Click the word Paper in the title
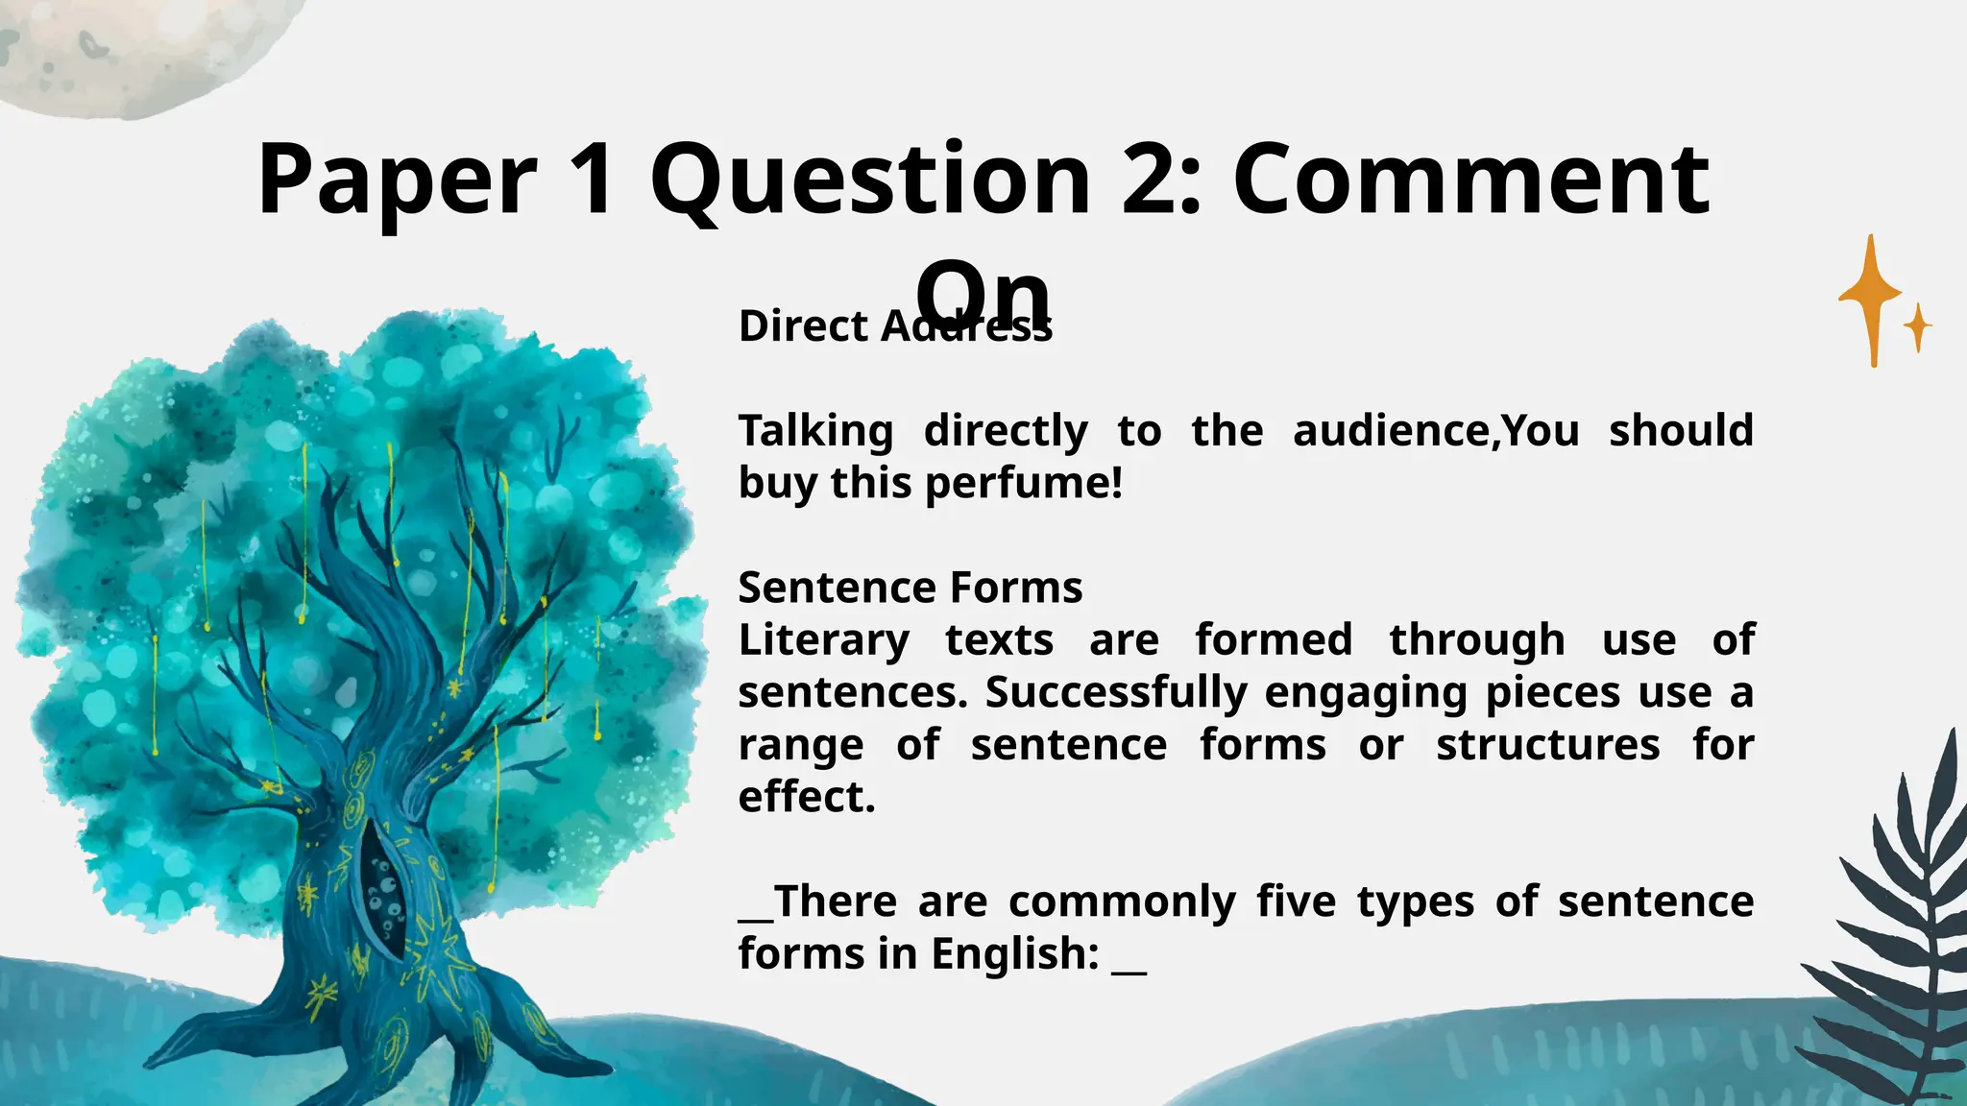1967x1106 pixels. (397, 180)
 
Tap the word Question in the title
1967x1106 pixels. (869, 180)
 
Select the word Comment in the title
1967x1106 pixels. (1470, 180)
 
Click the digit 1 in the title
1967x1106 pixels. (592, 180)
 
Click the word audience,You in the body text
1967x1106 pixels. (1436, 431)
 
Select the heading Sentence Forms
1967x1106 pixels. (910, 588)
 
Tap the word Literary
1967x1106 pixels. (824, 640)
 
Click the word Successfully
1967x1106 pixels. (1116, 692)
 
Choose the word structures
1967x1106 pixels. (1547, 745)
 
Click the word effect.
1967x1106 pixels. (807, 797)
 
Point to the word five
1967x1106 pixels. (1296, 902)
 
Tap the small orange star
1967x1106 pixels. (1918, 327)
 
